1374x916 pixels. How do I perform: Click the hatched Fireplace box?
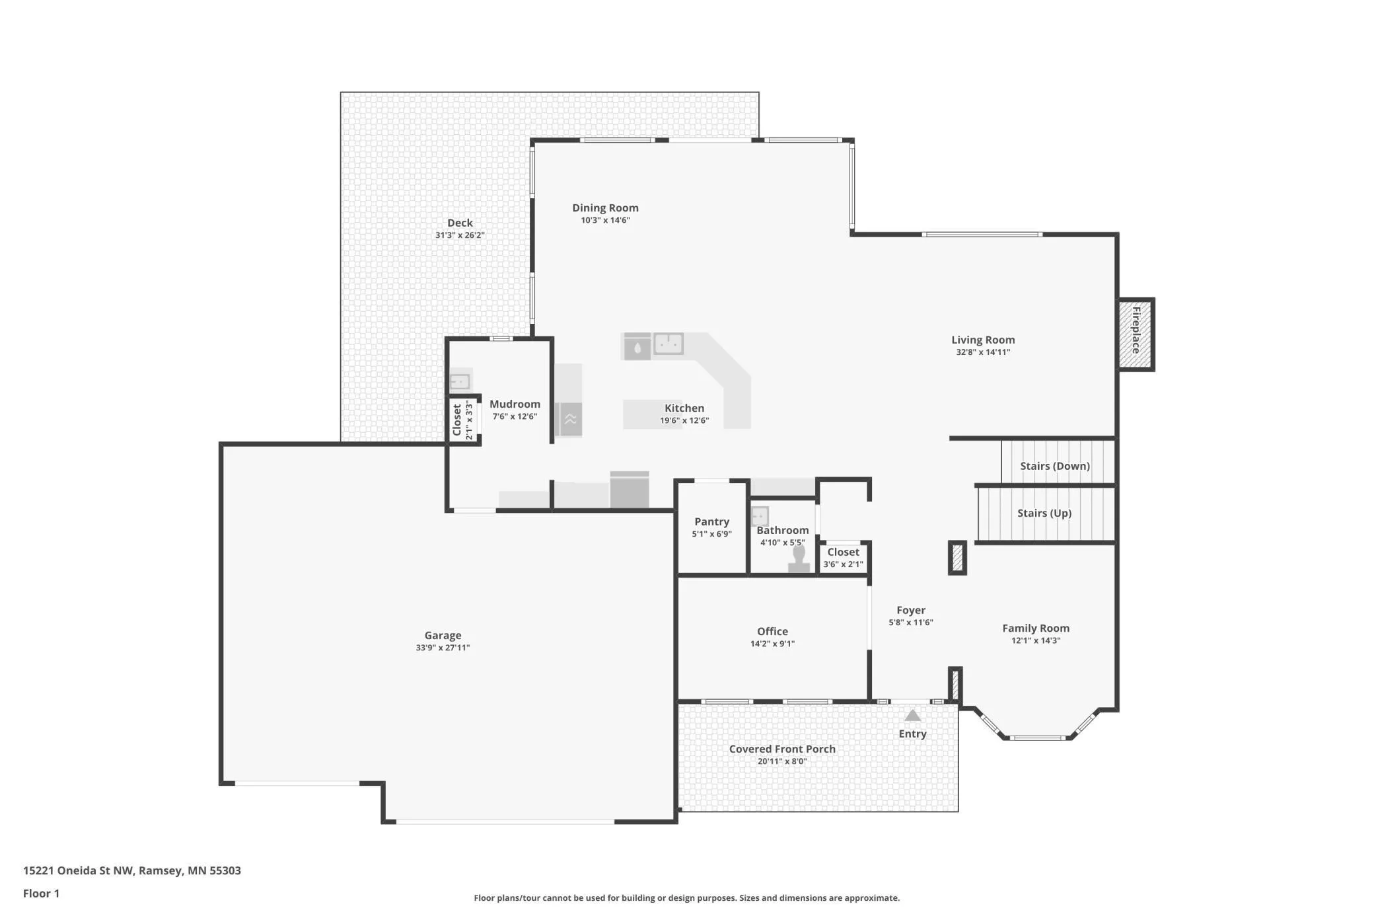(1136, 334)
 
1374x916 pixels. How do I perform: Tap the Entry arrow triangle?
(912, 715)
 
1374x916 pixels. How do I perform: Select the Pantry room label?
(711, 521)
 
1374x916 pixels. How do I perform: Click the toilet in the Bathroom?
(799, 558)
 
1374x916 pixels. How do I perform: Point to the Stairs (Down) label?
(1054, 466)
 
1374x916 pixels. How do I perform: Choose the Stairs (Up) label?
(1044, 513)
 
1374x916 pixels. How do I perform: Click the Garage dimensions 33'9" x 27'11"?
(443, 648)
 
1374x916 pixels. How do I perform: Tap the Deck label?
(460, 223)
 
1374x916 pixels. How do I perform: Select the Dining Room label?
(605, 208)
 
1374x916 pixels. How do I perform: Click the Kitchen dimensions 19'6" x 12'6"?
(684, 420)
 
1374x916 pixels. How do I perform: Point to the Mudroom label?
(515, 404)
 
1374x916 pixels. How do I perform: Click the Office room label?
(772, 631)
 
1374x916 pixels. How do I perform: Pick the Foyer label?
(911, 610)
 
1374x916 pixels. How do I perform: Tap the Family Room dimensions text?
(1036, 640)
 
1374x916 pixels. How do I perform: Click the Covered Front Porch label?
(782, 749)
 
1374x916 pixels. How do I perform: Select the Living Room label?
(983, 340)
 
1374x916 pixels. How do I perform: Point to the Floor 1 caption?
(41, 894)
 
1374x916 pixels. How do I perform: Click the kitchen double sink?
(668, 344)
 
